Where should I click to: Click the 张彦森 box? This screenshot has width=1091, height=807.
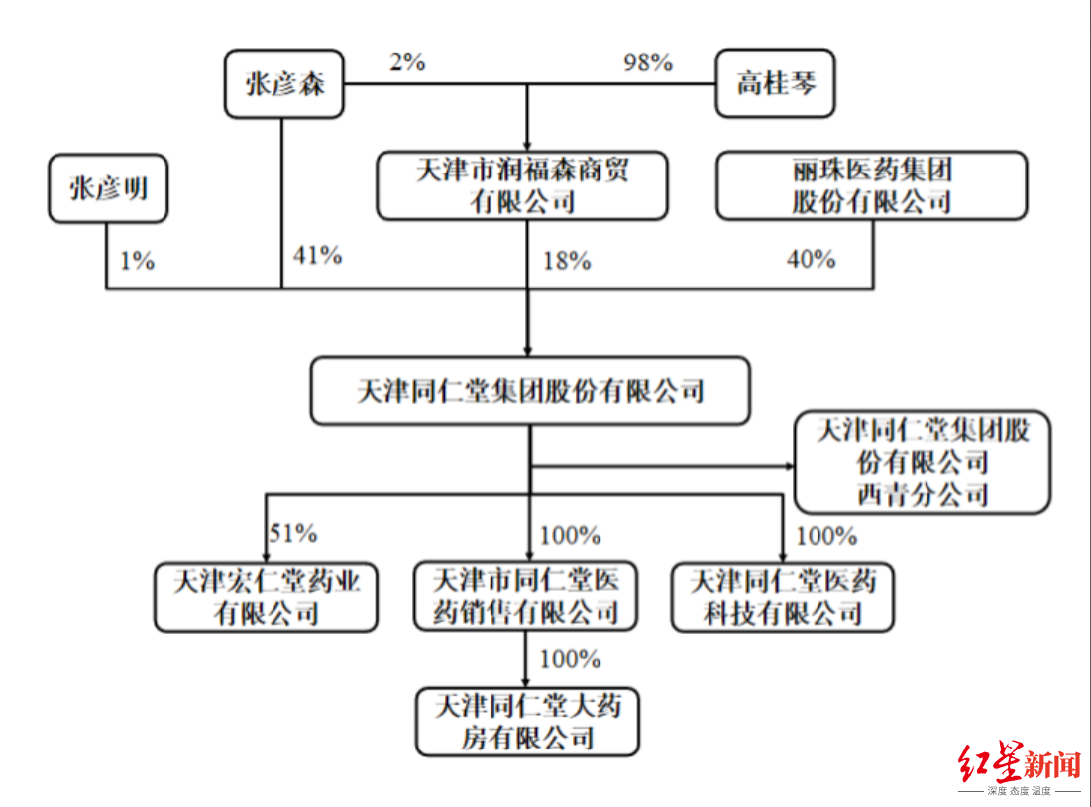283,83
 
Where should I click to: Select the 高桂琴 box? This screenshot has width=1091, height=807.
775,83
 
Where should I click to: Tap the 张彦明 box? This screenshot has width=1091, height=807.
108,188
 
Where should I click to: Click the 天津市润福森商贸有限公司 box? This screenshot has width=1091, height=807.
522,185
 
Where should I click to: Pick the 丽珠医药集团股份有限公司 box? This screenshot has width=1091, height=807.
872,185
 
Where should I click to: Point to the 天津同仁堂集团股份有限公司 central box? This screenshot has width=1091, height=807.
530,391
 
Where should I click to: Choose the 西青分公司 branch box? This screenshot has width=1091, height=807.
923,462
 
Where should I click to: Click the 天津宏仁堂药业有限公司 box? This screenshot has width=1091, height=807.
266,597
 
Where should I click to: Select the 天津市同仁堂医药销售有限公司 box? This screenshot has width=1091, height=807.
525,596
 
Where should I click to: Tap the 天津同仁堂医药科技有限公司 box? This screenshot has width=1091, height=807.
783,597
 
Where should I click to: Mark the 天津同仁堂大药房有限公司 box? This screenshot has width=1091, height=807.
527,722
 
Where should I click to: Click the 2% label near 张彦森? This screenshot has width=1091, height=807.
407,62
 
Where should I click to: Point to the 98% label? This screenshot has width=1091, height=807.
648,62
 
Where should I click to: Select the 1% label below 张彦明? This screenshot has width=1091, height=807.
137,261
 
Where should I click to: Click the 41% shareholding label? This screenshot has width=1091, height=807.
317,255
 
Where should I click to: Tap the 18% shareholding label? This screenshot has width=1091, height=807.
567,261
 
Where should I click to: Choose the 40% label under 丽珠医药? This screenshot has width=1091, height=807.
812,259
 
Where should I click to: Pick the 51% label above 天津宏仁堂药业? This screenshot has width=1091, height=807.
293,533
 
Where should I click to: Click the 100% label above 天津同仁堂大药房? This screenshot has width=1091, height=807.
570,658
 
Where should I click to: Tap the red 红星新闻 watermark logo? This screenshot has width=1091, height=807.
1020,767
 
